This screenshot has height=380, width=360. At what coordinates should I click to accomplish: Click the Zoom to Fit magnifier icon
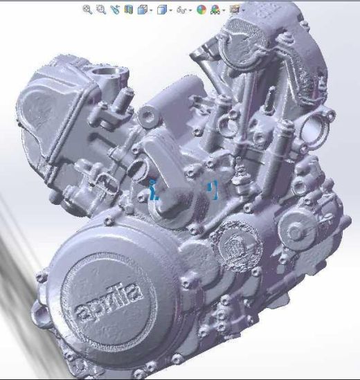(x=87, y=10)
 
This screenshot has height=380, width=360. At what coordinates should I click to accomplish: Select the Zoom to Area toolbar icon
(x=101, y=10)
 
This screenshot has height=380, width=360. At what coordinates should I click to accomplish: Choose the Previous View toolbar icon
(x=115, y=10)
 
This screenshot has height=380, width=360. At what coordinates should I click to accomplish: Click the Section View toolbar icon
(x=129, y=10)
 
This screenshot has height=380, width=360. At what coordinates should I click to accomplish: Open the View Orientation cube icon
(x=143, y=10)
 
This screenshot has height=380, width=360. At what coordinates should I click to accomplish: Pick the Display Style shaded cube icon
(x=162, y=10)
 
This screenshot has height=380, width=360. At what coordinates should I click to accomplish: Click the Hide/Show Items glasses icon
(x=181, y=10)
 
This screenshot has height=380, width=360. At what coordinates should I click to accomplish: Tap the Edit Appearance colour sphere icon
(x=201, y=10)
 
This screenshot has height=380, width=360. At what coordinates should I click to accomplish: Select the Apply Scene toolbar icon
(x=215, y=10)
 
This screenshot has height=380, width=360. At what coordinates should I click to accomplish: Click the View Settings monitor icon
(x=235, y=10)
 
